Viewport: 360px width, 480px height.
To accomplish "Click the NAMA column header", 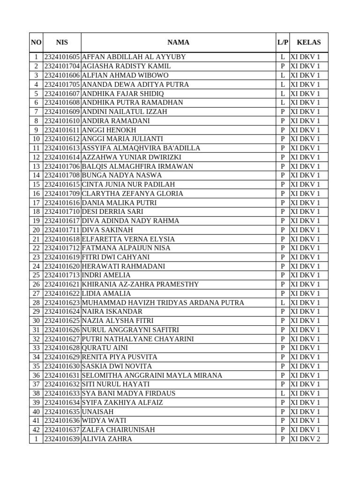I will click(178, 42).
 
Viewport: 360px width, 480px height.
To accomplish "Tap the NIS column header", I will click(62, 42).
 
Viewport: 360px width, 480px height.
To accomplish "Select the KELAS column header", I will click(308, 42).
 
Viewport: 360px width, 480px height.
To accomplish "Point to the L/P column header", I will click(283, 42).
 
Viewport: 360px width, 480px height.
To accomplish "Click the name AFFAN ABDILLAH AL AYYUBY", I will click(134, 57).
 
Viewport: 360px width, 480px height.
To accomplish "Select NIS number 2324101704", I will click(62, 66).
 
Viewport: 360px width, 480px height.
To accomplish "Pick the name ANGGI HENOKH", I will click(109, 130).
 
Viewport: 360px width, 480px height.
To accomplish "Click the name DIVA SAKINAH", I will click(107, 230).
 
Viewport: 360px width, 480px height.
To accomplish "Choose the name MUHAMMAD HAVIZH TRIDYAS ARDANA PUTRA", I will click(163, 303).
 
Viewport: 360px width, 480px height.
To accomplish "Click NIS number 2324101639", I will click(62, 439).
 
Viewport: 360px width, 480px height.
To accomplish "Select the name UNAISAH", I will click(97, 412).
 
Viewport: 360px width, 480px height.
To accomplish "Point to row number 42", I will click(36, 430).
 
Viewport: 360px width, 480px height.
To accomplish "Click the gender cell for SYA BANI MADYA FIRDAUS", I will click(283, 393).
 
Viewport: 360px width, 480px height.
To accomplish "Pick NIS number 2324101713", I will click(62, 275).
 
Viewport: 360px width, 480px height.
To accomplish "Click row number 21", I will click(36, 239).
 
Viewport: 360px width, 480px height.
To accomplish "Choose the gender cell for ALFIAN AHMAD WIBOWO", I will click(283, 75).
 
